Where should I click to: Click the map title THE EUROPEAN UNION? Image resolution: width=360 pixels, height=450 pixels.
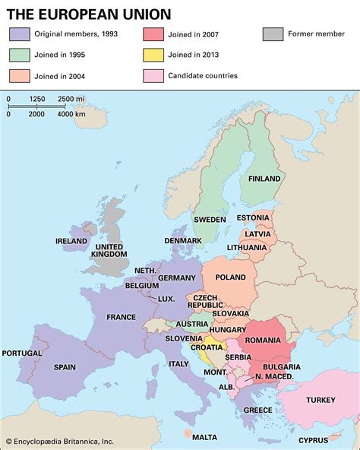point(89,14)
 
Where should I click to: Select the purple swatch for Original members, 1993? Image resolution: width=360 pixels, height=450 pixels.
point(20,34)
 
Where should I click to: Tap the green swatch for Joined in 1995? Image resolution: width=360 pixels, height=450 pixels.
point(20,55)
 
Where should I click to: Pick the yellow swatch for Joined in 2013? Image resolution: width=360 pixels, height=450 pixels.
point(152,55)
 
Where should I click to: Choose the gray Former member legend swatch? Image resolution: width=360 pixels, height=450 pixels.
point(273,34)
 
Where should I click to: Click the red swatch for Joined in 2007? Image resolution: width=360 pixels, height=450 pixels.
point(152,34)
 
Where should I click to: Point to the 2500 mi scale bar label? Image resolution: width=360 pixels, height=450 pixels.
point(71,99)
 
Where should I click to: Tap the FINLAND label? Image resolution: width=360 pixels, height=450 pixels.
point(265,179)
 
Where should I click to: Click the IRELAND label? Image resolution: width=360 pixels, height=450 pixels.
point(71,241)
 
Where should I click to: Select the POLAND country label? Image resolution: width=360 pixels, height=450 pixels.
point(231,278)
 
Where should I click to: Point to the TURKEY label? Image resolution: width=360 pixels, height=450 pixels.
point(321,400)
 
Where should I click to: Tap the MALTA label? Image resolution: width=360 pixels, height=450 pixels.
point(204,437)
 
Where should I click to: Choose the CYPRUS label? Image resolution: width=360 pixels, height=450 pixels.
point(313,440)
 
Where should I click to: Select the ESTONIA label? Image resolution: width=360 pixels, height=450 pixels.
point(253,218)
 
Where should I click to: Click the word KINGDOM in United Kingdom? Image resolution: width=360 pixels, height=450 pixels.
point(109,255)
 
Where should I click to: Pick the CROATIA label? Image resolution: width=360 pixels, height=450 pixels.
point(206,347)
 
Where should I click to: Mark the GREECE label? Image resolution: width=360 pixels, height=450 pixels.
point(257,410)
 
